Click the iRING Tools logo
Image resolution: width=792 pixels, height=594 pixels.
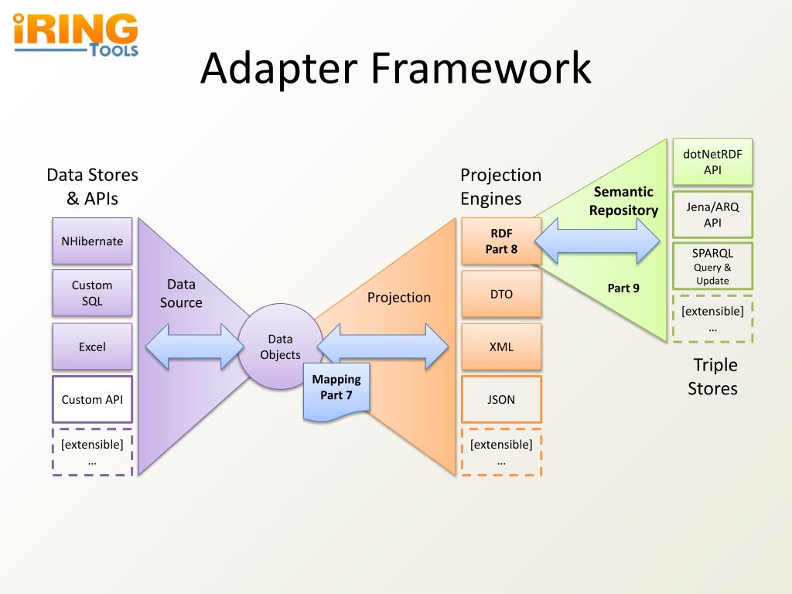[x=76, y=34]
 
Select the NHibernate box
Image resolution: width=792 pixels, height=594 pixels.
[x=93, y=241]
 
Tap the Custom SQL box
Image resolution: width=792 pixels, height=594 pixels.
[x=93, y=293]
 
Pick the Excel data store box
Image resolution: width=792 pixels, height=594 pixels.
[x=93, y=346]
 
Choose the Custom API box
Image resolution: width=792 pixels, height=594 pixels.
[x=93, y=399]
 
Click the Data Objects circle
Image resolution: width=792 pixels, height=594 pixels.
[x=280, y=346]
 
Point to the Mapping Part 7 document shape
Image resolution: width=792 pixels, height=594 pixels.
[x=336, y=391]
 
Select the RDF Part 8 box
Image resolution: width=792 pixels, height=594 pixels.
[x=501, y=241]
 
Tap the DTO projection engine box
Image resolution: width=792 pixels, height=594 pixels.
[x=501, y=293]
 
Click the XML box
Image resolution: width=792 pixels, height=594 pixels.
[x=501, y=346]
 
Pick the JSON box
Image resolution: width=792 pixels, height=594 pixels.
[x=501, y=399]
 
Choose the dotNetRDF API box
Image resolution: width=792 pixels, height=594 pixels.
[x=712, y=162]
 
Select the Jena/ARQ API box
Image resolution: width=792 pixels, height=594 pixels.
[x=712, y=214]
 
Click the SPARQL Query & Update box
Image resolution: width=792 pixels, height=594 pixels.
[x=712, y=266]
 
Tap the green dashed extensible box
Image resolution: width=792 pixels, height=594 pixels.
[x=712, y=319]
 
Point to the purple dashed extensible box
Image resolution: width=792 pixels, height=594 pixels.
[x=93, y=452]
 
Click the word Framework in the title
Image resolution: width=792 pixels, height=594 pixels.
[x=481, y=68]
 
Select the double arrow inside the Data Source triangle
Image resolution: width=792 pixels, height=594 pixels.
[x=194, y=346]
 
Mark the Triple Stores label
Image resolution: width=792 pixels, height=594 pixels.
[x=712, y=377]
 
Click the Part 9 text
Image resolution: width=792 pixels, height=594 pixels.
[x=623, y=288]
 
